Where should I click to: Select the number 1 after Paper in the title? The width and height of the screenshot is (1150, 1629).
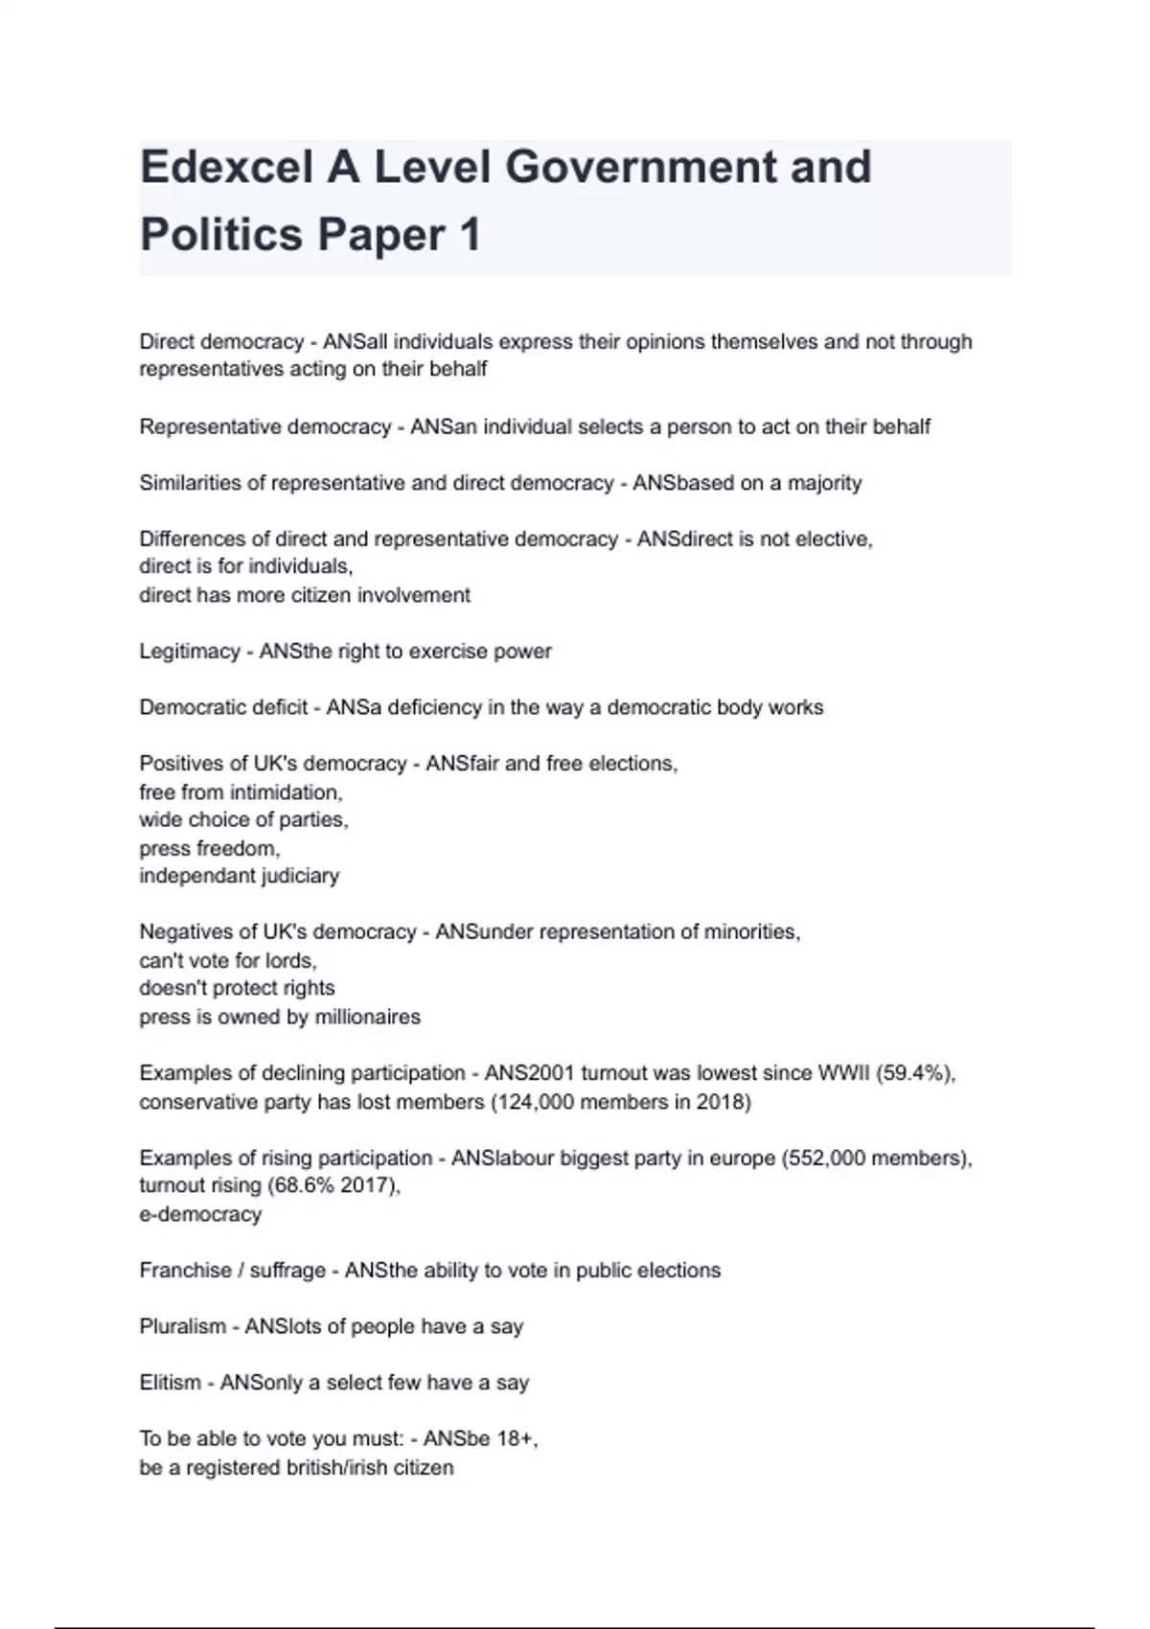click(x=469, y=236)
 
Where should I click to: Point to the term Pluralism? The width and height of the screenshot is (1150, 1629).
click(x=183, y=1327)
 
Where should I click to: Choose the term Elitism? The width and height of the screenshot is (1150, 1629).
click(x=171, y=1383)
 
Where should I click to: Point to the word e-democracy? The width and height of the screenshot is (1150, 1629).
click(x=200, y=1214)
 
